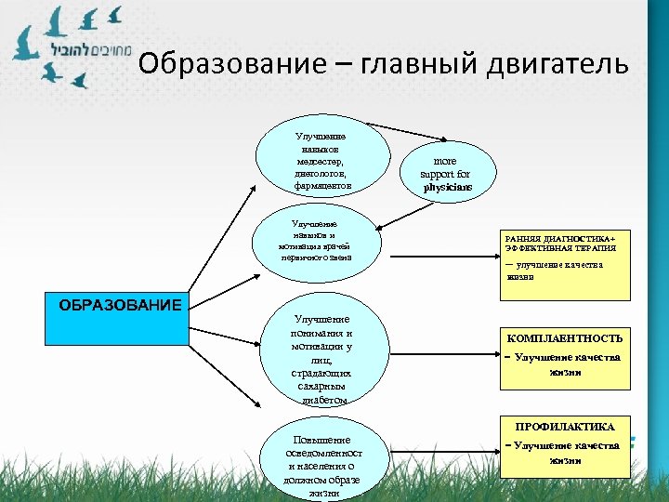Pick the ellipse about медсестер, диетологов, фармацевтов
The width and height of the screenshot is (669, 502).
(x=322, y=161)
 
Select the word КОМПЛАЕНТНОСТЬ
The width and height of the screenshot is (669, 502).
(x=565, y=337)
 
